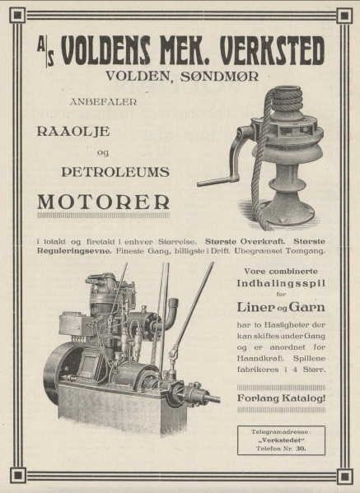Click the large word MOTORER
105,202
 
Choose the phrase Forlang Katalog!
280,399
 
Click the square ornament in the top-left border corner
16,15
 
